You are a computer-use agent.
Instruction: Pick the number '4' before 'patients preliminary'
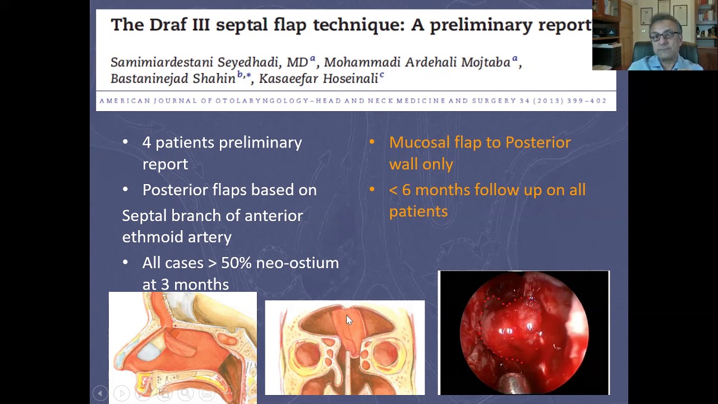pyautogui.click(x=146, y=143)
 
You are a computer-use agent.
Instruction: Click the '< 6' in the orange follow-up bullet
pyautogui.click(x=399, y=190)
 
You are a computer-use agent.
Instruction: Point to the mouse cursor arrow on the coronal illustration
pyautogui.click(x=349, y=320)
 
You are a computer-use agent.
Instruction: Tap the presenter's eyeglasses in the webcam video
pyautogui.click(x=665, y=36)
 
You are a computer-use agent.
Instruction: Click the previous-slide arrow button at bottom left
pyautogui.click(x=100, y=393)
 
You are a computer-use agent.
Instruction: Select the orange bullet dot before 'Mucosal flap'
pyautogui.click(x=371, y=143)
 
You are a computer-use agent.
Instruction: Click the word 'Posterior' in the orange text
pyautogui.click(x=538, y=143)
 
